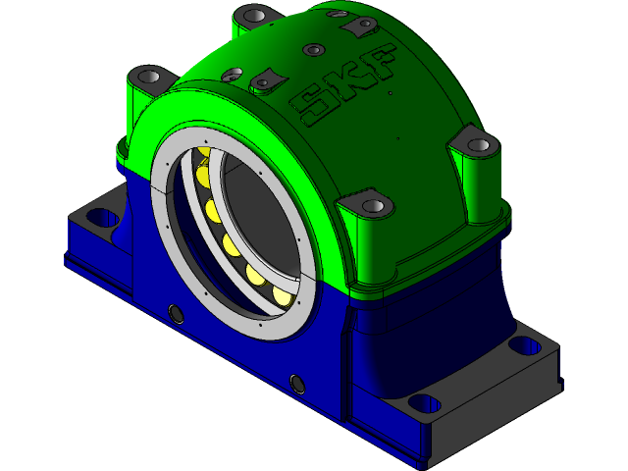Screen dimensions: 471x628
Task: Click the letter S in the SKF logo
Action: (316, 103)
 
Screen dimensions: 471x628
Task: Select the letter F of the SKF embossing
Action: (379, 63)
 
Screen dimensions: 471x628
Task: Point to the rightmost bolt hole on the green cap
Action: (478, 145)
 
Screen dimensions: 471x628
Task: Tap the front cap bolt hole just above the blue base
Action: (373, 206)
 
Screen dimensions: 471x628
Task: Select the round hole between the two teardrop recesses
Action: (312, 49)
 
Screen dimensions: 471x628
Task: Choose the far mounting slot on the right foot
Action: (526, 344)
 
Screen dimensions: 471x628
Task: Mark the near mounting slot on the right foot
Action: (424, 402)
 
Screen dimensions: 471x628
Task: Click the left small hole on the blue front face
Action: (177, 313)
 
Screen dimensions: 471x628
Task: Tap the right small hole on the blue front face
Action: (297, 381)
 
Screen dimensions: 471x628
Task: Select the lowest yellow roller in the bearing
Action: (282, 294)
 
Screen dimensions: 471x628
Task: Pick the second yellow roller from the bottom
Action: (255, 277)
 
